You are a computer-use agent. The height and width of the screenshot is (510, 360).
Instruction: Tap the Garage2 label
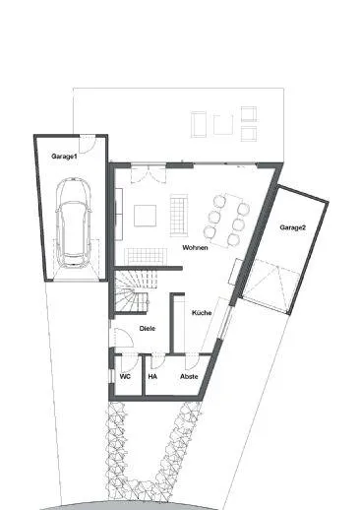click(x=292, y=227)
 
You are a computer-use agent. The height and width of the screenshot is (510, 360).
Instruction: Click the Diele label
click(x=147, y=328)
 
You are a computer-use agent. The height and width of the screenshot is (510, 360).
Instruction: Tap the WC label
click(x=125, y=376)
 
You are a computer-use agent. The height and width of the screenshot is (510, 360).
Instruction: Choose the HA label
click(x=152, y=376)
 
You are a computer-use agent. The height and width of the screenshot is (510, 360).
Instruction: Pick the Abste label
click(x=189, y=376)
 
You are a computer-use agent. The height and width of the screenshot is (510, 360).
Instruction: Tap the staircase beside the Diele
click(x=132, y=291)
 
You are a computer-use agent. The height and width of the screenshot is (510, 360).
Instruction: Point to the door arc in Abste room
click(x=189, y=360)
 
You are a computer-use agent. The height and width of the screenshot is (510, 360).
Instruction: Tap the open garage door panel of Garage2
click(x=270, y=285)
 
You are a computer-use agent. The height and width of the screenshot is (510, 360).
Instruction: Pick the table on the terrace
click(x=222, y=124)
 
